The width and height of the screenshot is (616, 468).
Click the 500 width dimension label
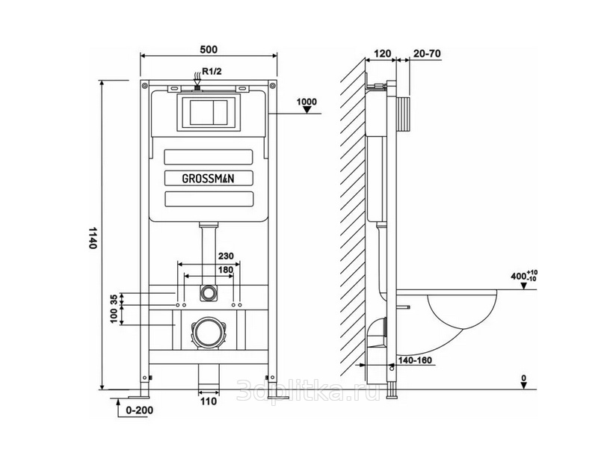209,49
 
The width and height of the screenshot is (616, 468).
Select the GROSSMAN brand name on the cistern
209,178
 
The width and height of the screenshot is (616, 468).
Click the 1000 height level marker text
307,102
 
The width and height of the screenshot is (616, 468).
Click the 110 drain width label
209,401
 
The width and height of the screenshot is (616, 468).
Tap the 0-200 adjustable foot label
139,410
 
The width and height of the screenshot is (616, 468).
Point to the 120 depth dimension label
382,54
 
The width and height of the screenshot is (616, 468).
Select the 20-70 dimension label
425,54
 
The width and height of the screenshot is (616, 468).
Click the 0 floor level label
524,378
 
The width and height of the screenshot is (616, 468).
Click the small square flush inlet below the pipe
209,291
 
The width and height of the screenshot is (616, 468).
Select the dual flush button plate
209,113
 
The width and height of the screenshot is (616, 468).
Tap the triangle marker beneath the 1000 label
307,111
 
